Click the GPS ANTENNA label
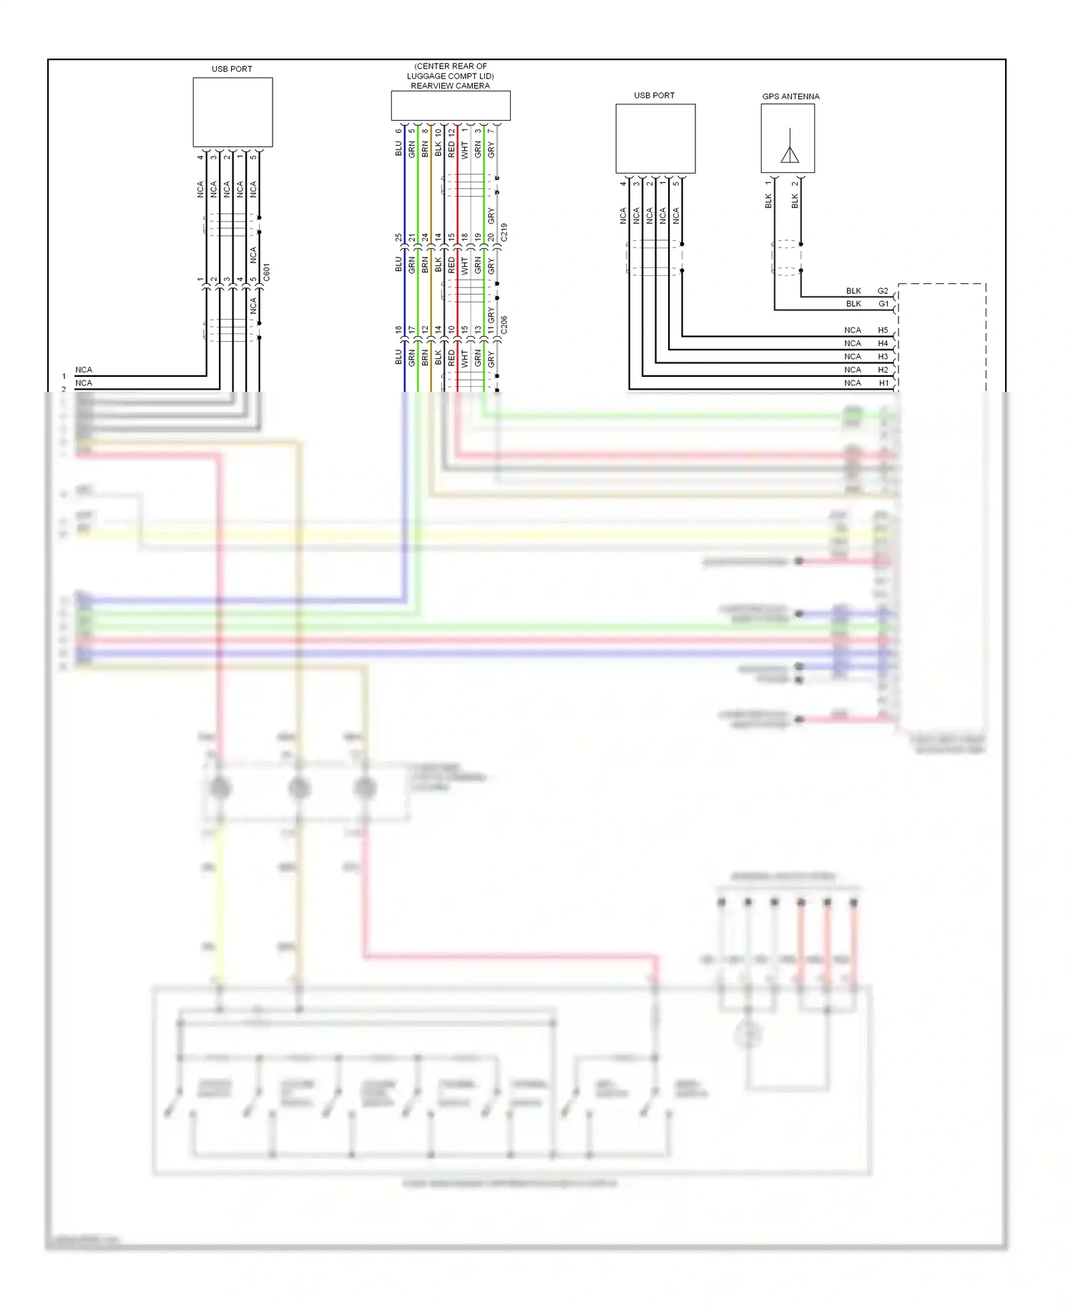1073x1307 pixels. [x=790, y=97]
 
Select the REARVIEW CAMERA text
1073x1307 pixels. [x=450, y=86]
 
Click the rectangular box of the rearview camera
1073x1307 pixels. [x=451, y=105]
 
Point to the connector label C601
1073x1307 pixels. [x=267, y=272]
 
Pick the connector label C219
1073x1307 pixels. [x=504, y=232]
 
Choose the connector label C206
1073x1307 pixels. [x=504, y=325]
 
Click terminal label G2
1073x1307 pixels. [x=883, y=291]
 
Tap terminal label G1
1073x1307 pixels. [x=883, y=304]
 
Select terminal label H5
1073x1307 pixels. [x=883, y=330]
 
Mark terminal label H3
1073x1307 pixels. [x=883, y=357]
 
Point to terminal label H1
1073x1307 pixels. [x=883, y=383]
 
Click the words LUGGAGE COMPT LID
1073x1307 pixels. [x=450, y=76]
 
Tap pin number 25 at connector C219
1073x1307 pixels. [x=398, y=237]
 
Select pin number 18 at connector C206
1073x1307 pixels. [x=398, y=330]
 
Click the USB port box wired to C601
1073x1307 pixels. [x=232, y=112]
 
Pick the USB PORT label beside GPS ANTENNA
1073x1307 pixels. [x=654, y=95]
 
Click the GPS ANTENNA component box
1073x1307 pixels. [x=788, y=138]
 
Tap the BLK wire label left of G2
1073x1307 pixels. [x=853, y=291]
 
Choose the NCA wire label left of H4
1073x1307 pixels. [x=852, y=343]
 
